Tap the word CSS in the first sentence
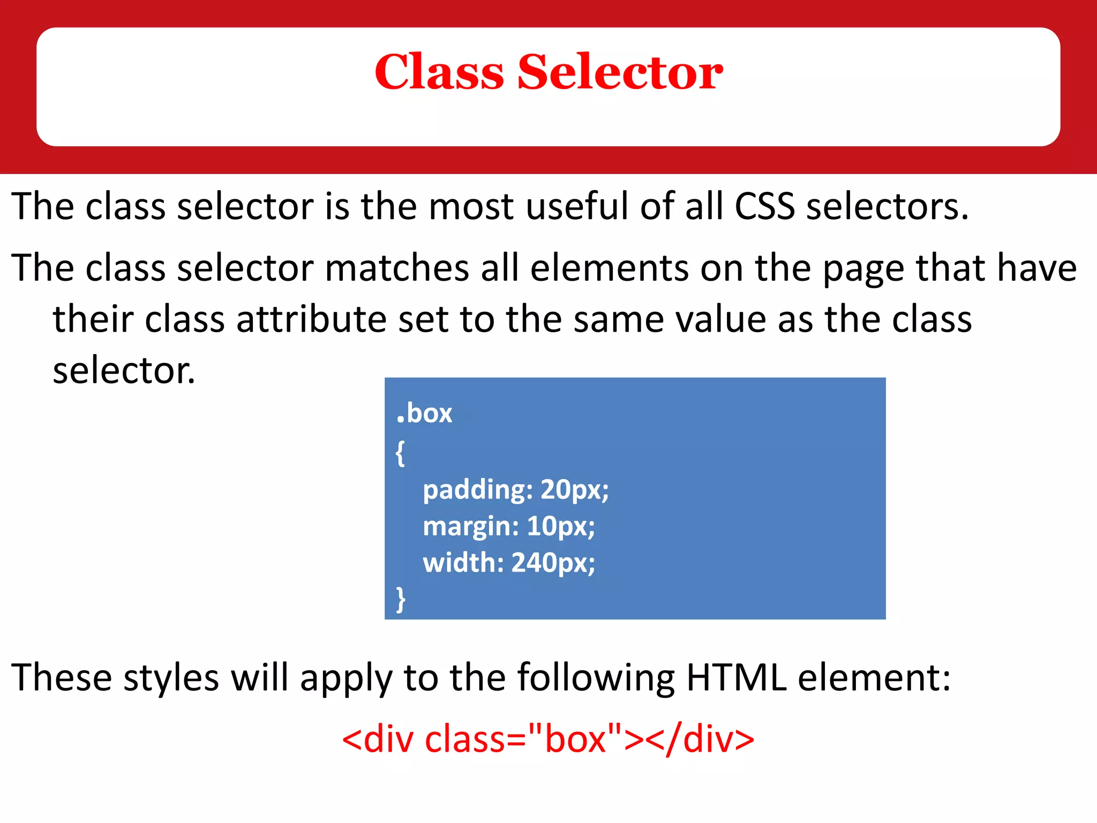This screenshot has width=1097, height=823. pos(764,206)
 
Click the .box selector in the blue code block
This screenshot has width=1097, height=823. pos(424,414)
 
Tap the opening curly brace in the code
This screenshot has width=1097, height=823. pos(400,453)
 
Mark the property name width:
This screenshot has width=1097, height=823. pos(463,563)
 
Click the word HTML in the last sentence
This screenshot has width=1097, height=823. pos(736,678)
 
